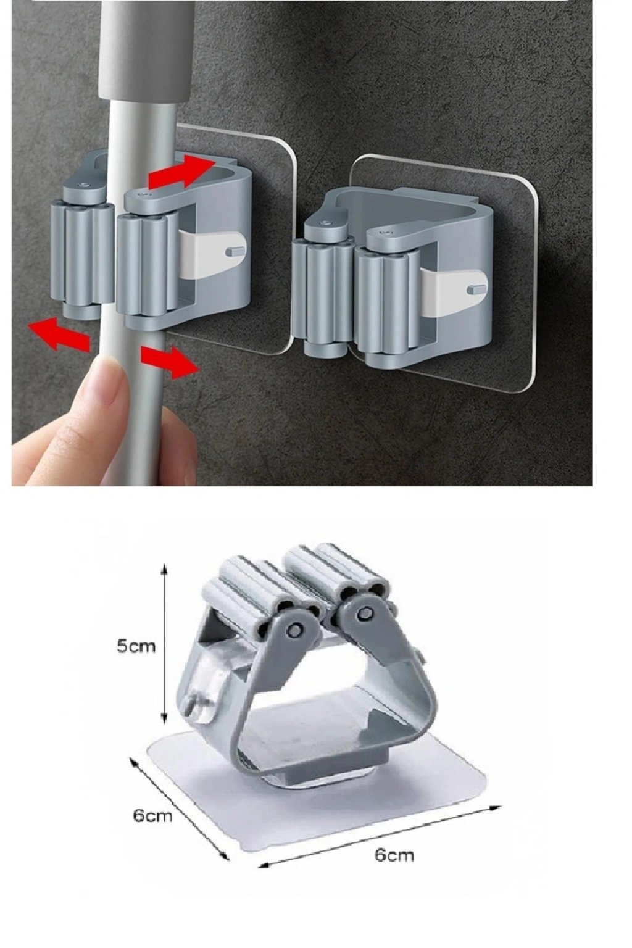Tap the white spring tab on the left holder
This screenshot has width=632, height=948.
click(x=211, y=254)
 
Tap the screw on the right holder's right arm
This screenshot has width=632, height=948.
click(x=385, y=232)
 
